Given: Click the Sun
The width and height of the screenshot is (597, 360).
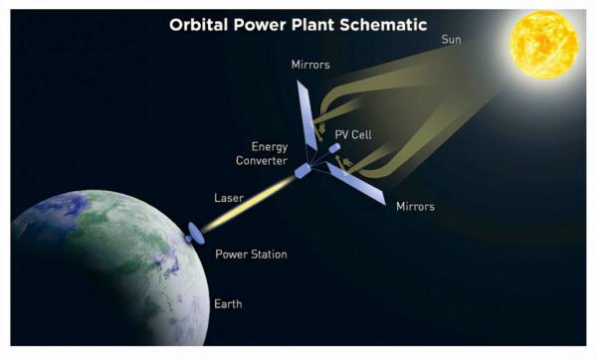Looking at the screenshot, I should click(544, 46).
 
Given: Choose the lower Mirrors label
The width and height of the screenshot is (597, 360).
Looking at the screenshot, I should click(413, 207).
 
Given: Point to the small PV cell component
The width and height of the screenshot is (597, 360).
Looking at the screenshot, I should click(334, 149).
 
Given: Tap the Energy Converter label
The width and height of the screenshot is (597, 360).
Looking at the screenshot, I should click(263, 153).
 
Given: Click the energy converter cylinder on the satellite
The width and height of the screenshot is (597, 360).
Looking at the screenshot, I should click(302, 172).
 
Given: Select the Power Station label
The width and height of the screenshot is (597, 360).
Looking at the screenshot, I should click(251, 255).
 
